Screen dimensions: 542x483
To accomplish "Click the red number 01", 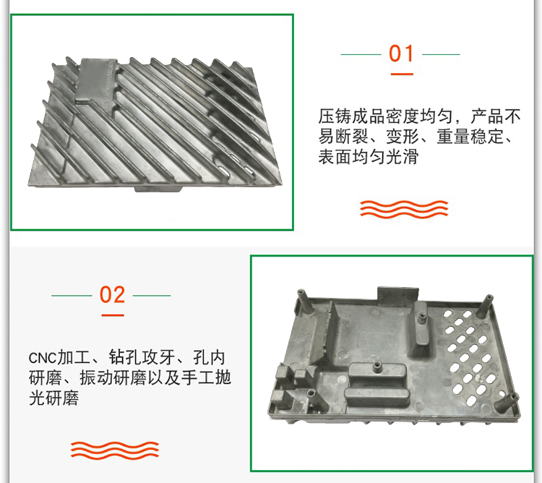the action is pos(401,54).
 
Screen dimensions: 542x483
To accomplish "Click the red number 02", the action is pos(112,295).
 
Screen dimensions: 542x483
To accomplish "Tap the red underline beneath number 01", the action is pos(402,74).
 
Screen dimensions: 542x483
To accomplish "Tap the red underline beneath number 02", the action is pos(113,315).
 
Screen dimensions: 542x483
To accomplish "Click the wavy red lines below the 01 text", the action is pos(404,209).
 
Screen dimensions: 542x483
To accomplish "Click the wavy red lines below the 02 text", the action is pos(115,450).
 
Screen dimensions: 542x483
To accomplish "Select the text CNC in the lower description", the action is pos(42,358).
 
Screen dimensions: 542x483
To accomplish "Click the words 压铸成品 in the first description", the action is pos(351,116).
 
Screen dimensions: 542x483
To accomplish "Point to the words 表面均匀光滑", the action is pos(368,157).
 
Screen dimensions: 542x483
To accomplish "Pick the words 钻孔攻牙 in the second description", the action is pos(142,357).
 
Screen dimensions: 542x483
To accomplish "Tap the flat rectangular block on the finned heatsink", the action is pos(97,80).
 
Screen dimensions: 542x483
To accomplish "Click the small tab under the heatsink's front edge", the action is pos(158,189).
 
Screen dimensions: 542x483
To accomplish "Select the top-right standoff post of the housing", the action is pos(486,306).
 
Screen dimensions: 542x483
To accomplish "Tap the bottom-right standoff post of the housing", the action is pos(507,405).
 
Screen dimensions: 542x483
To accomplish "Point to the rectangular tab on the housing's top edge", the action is pos(398,296).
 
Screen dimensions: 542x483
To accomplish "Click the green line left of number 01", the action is pos(361,54).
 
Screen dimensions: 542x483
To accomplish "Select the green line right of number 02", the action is pos(152,296).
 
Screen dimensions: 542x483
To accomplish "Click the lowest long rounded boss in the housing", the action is pos(377,398).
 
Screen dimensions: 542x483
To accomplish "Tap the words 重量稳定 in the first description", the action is pos(470,137).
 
